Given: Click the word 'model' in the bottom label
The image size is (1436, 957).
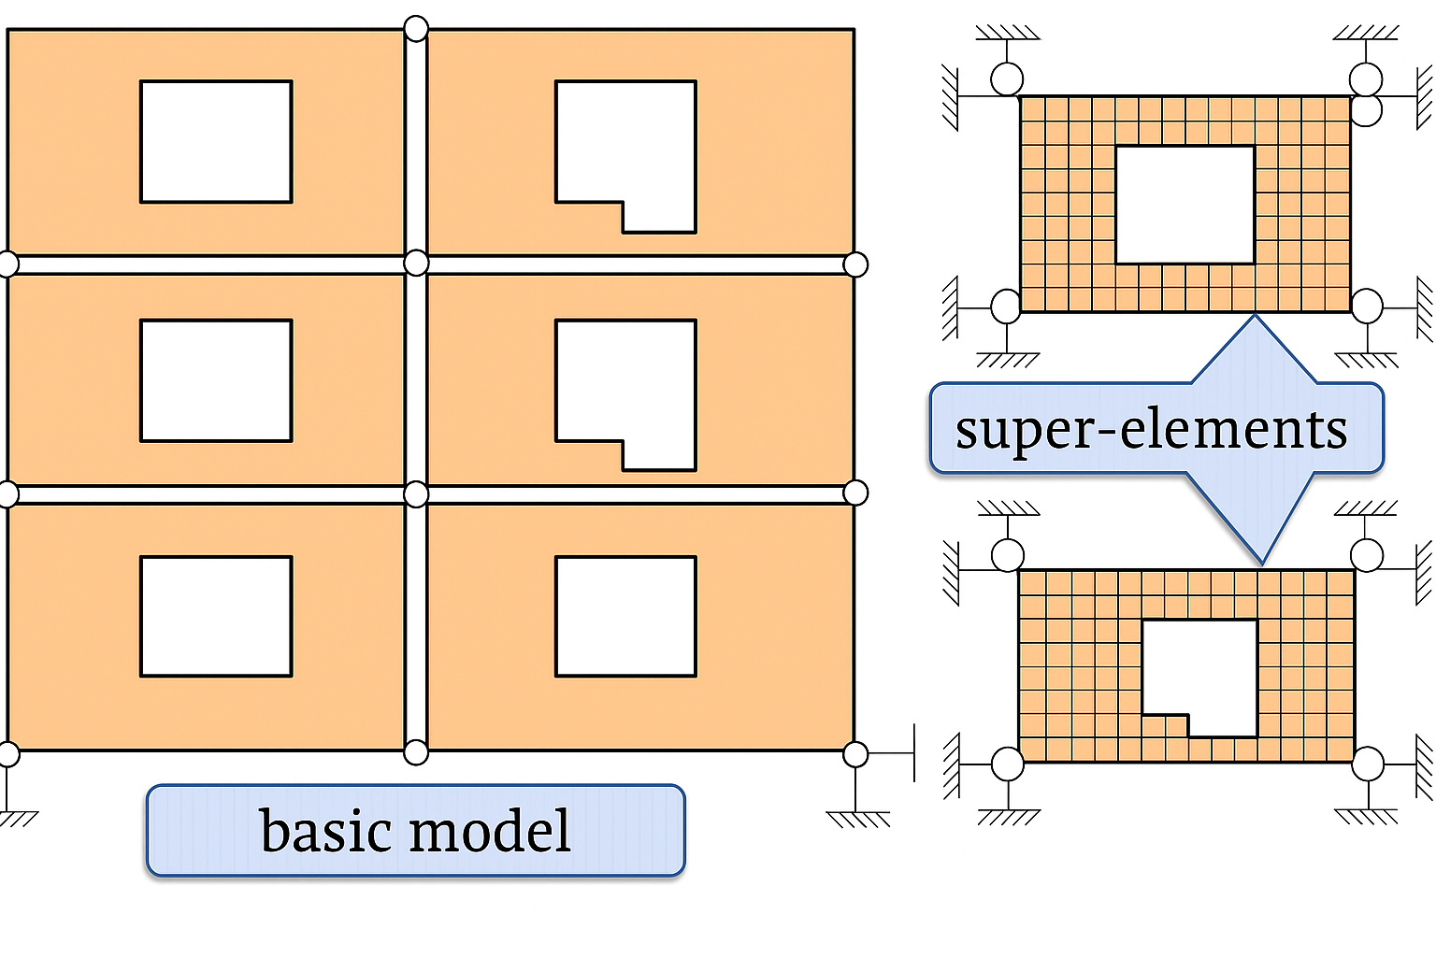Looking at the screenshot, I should click(491, 831).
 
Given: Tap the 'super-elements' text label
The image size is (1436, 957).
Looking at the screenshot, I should click(1151, 429).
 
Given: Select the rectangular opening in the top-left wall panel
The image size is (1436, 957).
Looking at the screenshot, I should click(216, 141).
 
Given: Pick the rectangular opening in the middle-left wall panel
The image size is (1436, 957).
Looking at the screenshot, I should click(216, 380).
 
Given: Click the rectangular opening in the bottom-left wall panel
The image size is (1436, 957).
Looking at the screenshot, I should click(216, 617).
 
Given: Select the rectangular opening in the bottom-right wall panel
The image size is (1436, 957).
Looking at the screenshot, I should click(625, 617).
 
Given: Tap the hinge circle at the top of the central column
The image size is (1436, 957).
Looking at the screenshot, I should click(416, 29).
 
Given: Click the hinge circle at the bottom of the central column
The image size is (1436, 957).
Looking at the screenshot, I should click(416, 751).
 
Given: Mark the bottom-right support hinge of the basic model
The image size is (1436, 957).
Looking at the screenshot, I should click(855, 754).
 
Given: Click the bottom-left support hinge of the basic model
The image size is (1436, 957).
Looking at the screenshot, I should click(7, 754).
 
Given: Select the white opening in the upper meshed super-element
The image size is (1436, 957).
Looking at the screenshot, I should click(1185, 205).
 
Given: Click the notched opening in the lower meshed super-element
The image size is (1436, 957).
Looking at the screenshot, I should click(1206, 673).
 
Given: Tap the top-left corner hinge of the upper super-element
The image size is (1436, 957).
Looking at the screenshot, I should click(1007, 79).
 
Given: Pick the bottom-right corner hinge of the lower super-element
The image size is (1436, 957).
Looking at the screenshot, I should click(1368, 764).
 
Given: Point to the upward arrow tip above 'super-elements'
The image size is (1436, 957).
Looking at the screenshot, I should click(1255, 320).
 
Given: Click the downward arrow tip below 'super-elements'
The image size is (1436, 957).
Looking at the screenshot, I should click(1262, 561).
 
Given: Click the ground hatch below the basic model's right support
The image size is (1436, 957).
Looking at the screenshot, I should click(857, 820).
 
